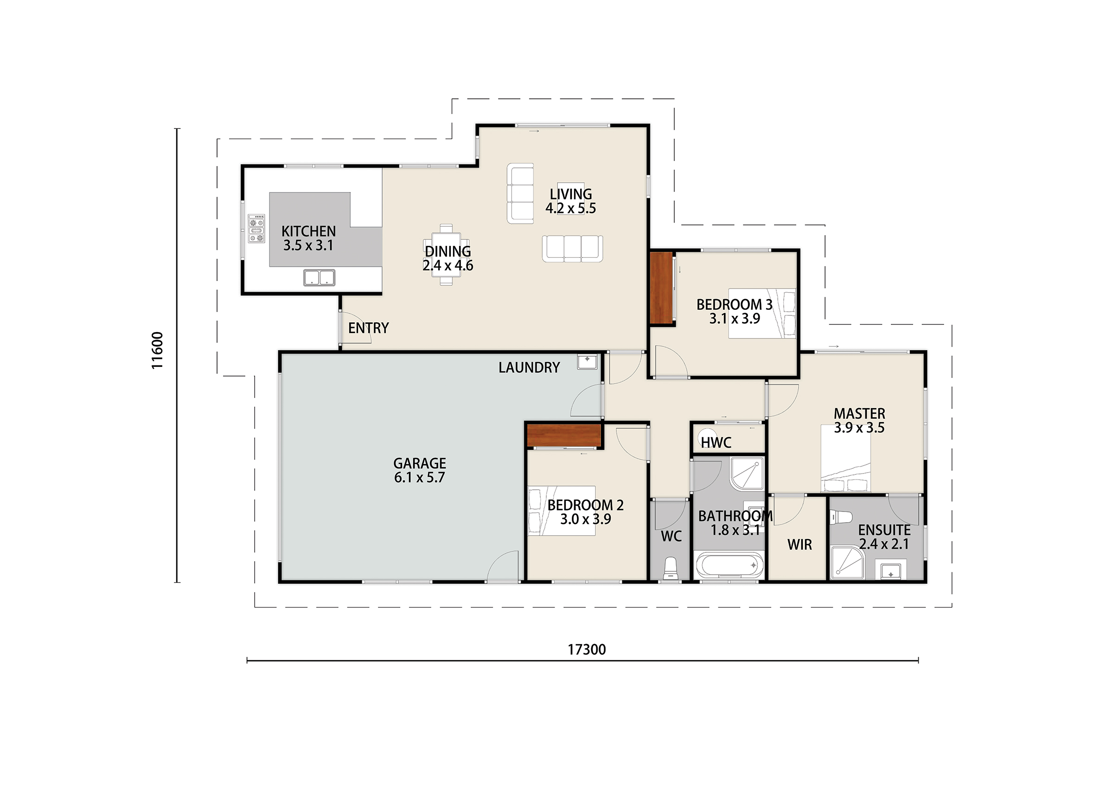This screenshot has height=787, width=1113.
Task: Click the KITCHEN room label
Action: click(308, 231)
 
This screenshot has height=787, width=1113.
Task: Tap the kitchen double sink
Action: click(319, 278)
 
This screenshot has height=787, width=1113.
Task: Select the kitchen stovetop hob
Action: click(256, 228)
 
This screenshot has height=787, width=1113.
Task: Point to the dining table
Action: click(447, 255)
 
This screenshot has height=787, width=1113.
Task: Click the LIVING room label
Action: click(570, 194)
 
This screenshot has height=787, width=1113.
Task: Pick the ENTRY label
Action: click(368, 328)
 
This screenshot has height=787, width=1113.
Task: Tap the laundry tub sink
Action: click(588, 362)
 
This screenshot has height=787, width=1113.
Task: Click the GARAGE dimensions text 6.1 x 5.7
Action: click(419, 478)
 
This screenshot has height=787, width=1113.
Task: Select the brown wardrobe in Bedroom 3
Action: click(661, 288)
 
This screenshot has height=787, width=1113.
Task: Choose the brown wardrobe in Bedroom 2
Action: click(564, 435)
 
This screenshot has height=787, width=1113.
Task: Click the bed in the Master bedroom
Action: click(845, 459)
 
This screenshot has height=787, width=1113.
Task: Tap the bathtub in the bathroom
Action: click(729, 565)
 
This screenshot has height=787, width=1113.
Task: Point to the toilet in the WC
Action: click(671, 568)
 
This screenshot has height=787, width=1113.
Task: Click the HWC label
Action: click(716, 443)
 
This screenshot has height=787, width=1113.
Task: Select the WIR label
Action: click(800, 545)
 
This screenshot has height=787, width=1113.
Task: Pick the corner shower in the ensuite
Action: click(848, 563)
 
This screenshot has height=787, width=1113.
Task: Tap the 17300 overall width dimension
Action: click(587, 650)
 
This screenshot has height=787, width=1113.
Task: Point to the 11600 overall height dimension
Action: click(157, 351)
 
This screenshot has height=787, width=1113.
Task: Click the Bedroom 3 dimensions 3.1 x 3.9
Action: click(735, 319)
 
